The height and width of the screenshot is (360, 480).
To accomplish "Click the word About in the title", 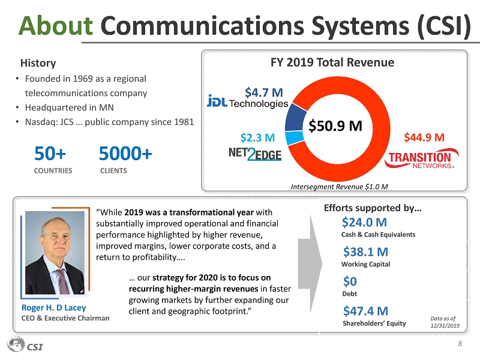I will [55, 25].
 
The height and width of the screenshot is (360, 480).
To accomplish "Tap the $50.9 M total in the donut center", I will [335, 126].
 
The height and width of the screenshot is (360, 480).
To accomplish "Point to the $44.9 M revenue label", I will [424, 137].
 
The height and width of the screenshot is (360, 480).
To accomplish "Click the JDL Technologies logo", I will [247, 103].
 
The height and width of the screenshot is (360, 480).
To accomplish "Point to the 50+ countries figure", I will [50, 155].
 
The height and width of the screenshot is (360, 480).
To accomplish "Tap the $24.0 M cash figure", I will [364, 223].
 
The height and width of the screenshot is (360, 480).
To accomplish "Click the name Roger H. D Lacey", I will [53, 308].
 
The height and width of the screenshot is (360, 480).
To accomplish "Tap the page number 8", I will [460, 344].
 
